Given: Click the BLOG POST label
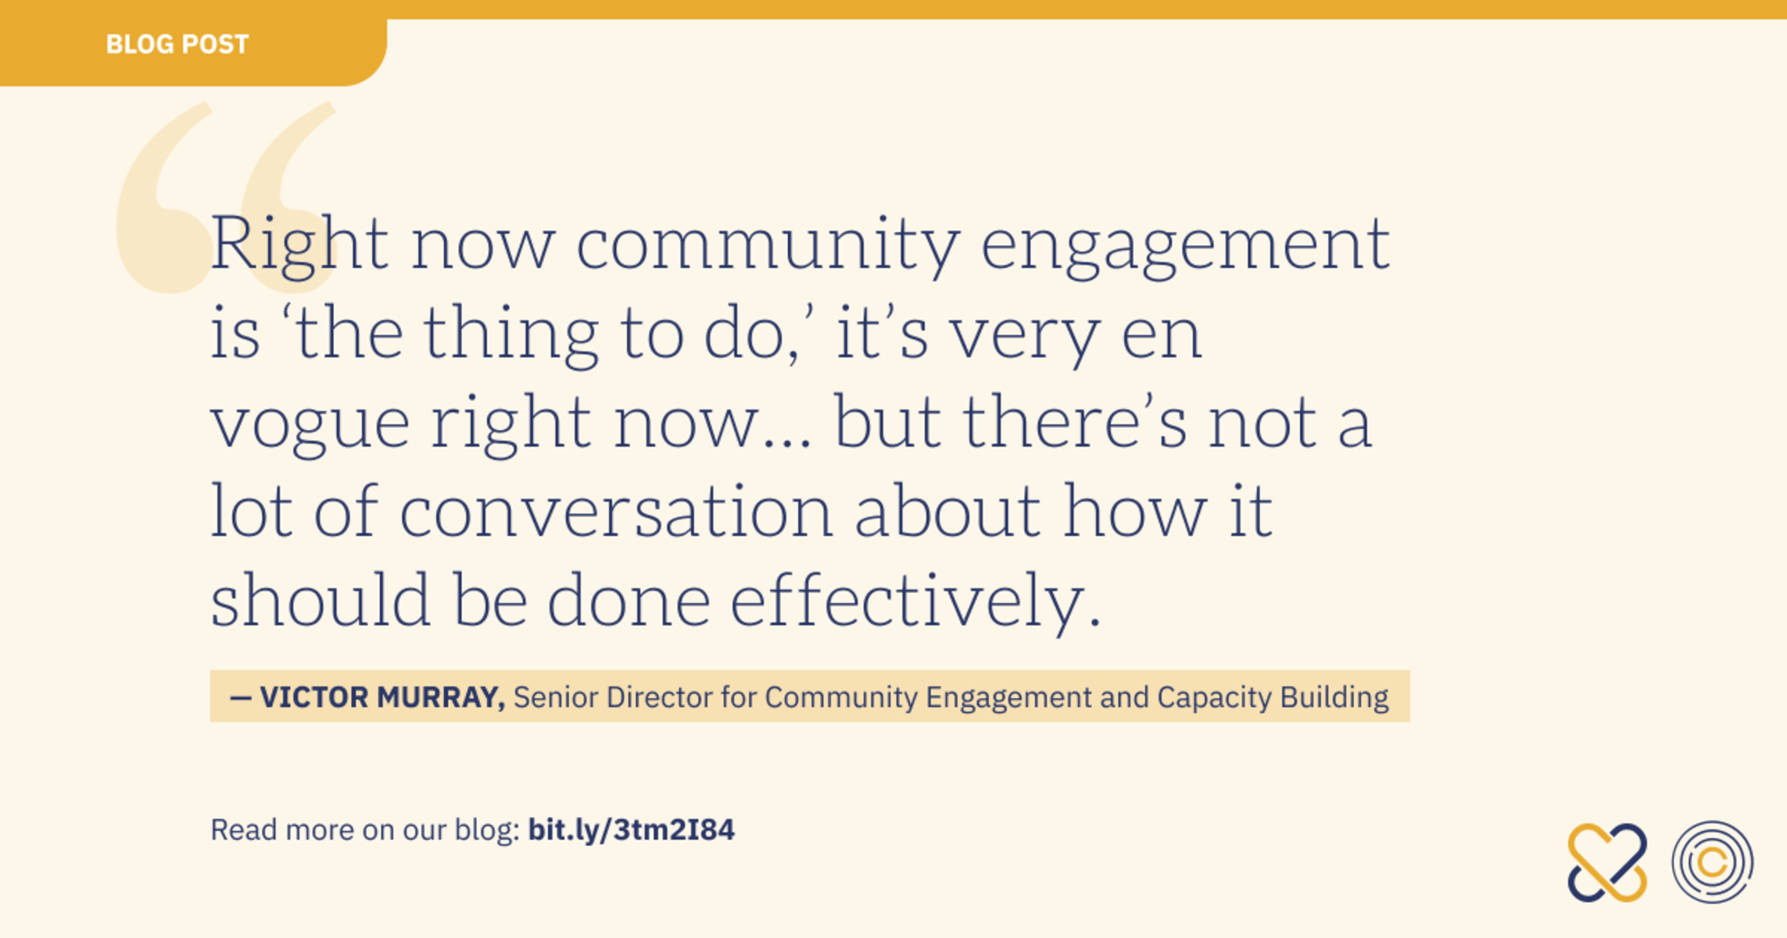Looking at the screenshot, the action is (x=177, y=45).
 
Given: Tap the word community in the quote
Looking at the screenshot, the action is (x=768, y=245).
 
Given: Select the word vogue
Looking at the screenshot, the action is (x=310, y=426).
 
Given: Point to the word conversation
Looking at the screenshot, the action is (x=617, y=511).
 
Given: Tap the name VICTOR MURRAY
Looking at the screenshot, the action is (x=382, y=697).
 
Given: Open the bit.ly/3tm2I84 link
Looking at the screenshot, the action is (x=632, y=829).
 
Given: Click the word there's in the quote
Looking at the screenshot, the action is (x=1074, y=423).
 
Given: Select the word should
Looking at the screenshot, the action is (x=321, y=600).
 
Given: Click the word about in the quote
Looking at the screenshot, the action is (x=947, y=511).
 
